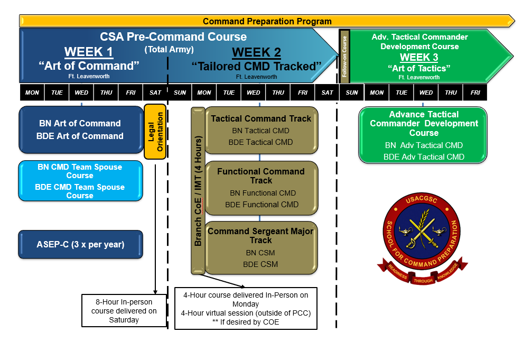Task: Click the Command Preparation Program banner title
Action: click(x=267, y=22)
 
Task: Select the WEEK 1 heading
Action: click(x=88, y=52)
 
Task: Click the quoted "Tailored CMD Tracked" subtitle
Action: click(x=256, y=66)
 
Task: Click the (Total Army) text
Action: click(x=169, y=50)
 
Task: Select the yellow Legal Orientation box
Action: click(x=155, y=132)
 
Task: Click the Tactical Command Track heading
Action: click(x=261, y=119)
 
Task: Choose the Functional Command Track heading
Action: click(x=261, y=176)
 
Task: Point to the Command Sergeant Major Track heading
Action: click(x=261, y=236)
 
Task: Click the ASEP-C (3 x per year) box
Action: click(x=80, y=245)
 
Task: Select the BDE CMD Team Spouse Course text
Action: click(x=80, y=191)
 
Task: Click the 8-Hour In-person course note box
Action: click(x=124, y=311)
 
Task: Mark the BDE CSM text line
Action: click(x=260, y=264)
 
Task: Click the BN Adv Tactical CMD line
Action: click(x=424, y=145)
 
